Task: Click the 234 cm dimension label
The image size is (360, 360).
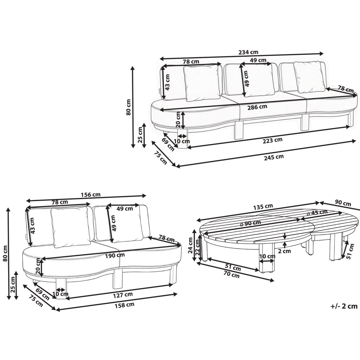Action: tap(248, 52)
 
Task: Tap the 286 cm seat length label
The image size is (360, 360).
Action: tap(257, 107)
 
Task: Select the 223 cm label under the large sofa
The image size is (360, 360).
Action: tap(273, 140)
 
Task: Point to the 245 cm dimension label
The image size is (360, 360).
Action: tap(274, 157)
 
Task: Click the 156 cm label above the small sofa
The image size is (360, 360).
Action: tap(91, 195)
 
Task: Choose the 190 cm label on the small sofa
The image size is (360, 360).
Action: tap(115, 255)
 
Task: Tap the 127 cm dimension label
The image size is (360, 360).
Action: tap(123, 295)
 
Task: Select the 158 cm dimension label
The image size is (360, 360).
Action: tap(124, 310)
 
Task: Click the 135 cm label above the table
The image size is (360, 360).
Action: tap(263, 207)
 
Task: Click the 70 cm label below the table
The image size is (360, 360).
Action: tap(232, 274)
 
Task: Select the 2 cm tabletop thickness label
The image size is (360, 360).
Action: tap(284, 251)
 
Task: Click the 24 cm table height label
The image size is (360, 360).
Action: tap(190, 245)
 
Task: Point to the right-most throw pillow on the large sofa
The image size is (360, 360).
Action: tap(309, 77)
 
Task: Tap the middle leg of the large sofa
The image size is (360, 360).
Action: tap(238, 130)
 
